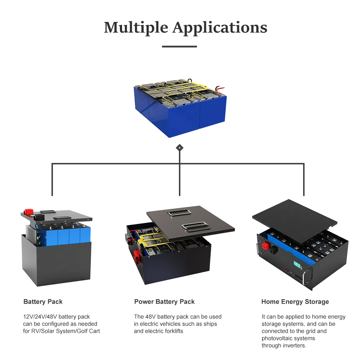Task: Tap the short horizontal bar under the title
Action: pos(179,46)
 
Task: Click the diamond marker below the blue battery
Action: pos(179,148)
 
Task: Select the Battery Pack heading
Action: pos(43,302)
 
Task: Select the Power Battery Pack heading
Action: pos(164,302)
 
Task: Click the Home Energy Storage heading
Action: pos(295,302)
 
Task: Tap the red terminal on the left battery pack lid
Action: pos(27,212)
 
